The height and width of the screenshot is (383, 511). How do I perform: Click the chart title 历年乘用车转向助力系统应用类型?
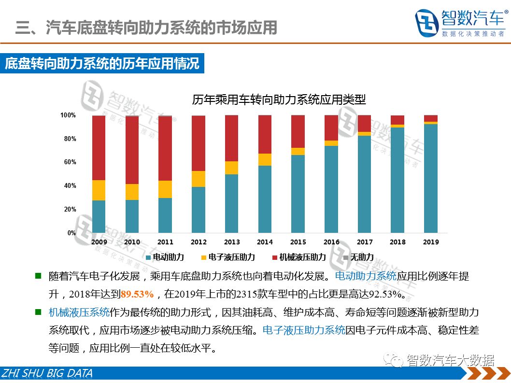click(279, 100)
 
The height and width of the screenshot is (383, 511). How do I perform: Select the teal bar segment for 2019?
click(431, 178)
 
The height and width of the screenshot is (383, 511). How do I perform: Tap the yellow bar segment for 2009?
click(99, 190)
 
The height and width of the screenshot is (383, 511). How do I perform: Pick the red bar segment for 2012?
click(199, 143)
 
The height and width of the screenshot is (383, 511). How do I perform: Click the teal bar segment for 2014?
click(265, 199)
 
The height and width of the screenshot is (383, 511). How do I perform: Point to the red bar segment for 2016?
click(331, 128)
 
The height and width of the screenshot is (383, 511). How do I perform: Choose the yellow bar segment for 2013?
click(232, 168)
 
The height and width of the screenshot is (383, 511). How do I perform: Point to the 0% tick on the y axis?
click(71, 233)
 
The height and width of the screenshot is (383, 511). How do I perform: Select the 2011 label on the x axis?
click(165, 242)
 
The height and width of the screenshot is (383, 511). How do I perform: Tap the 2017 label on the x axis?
click(365, 242)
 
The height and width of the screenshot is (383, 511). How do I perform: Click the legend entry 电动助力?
click(164, 257)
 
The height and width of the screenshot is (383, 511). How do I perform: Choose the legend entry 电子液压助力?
click(231, 257)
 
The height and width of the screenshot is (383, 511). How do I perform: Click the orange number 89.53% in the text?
click(137, 294)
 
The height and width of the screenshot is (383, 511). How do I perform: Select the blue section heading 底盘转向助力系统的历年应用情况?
click(102, 64)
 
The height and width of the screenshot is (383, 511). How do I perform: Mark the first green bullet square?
click(38, 276)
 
